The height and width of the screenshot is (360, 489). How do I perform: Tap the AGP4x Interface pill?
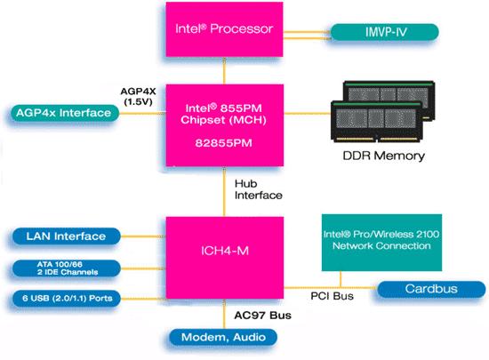[63, 113]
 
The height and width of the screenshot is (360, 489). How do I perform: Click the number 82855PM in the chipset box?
[223, 140]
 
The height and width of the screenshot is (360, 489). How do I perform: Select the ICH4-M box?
[224, 252]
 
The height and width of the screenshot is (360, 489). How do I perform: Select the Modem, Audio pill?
[224, 338]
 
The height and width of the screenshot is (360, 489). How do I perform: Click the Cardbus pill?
[430, 289]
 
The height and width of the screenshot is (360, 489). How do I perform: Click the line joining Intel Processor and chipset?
[224, 71]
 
